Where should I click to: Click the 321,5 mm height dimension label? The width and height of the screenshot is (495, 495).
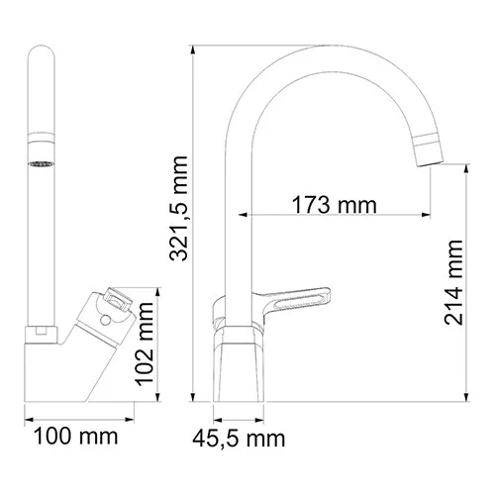click(x=179, y=221)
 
